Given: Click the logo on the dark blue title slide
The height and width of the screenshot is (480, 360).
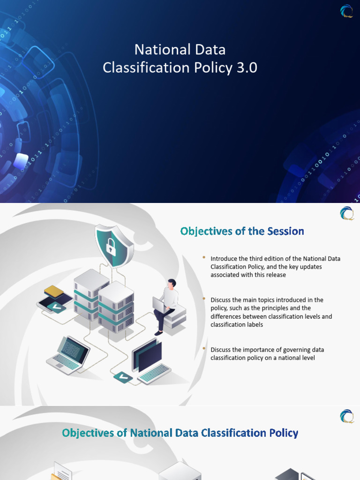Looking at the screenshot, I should click(x=347, y=11).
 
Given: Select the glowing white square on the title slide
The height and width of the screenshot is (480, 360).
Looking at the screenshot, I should click(x=21, y=161).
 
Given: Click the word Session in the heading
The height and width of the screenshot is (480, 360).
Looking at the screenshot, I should click(x=285, y=231).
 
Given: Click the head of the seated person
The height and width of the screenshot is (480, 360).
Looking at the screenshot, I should click(x=172, y=284).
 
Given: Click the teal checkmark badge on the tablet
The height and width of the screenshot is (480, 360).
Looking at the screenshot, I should click(x=56, y=307).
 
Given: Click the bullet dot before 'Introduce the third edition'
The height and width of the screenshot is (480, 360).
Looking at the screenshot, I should click(x=204, y=258).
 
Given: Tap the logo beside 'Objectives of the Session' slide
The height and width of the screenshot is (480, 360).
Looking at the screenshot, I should click(x=347, y=213).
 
